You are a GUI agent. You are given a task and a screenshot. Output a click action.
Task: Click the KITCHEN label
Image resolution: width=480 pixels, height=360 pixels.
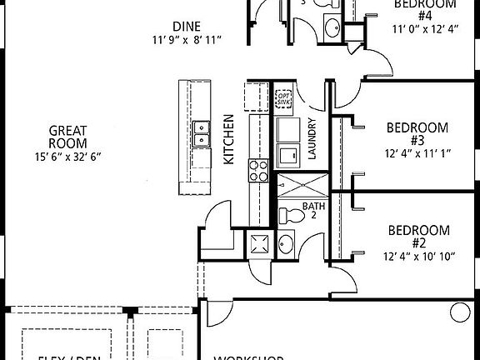(x=230, y=141)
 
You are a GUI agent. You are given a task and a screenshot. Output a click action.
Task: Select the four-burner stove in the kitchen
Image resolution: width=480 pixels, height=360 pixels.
(x=259, y=170)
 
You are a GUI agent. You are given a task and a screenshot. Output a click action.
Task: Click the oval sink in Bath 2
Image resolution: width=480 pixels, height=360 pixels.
(x=286, y=244)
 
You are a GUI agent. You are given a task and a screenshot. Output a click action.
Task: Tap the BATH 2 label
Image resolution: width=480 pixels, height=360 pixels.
(x=314, y=211)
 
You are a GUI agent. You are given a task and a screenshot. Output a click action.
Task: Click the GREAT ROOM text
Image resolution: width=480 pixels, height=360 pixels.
(x=67, y=137)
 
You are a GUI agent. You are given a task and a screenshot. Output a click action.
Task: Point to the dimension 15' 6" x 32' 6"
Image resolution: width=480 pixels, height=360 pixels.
(x=67, y=157)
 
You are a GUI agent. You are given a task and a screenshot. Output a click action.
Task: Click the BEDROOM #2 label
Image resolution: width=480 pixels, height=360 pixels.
(x=418, y=237)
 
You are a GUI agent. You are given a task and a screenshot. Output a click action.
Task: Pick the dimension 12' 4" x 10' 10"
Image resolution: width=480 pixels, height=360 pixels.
(x=418, y=257)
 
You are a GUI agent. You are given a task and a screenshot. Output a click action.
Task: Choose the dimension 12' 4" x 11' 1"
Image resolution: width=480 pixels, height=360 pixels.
(x=417, y=153)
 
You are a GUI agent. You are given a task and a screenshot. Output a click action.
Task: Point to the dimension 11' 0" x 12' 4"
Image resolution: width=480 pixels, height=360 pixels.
(x=424, y=28)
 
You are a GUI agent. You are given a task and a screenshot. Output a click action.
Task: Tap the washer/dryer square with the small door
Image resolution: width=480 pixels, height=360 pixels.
(x=289, y=156)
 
